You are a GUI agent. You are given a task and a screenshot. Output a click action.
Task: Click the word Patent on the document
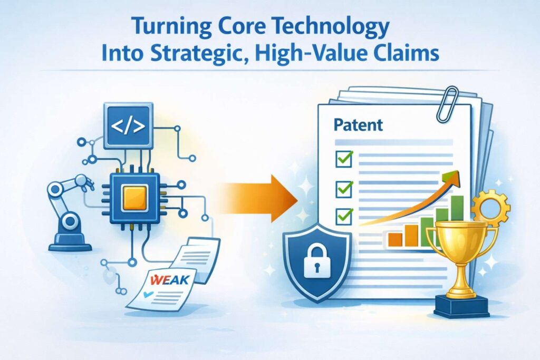coord(358,124)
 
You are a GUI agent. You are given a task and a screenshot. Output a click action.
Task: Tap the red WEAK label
coord(170,279)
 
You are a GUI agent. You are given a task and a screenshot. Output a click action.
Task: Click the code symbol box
coord(128,126)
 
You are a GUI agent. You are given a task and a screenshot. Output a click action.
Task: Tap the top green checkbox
coord(344,159)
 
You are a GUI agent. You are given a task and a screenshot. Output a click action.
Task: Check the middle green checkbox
coord(344,189)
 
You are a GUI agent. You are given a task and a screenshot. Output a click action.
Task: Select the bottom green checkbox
coord(344,216)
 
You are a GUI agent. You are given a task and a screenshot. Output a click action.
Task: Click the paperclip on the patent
coord(447,104)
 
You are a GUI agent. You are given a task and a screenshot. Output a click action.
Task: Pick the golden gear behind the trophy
coord(491,208)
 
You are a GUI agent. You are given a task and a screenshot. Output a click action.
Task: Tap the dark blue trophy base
coord(462,306)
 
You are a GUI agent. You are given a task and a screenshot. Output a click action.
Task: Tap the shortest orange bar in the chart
coord(396,239)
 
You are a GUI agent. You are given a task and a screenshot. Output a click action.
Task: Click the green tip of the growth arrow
coord(454,176)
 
